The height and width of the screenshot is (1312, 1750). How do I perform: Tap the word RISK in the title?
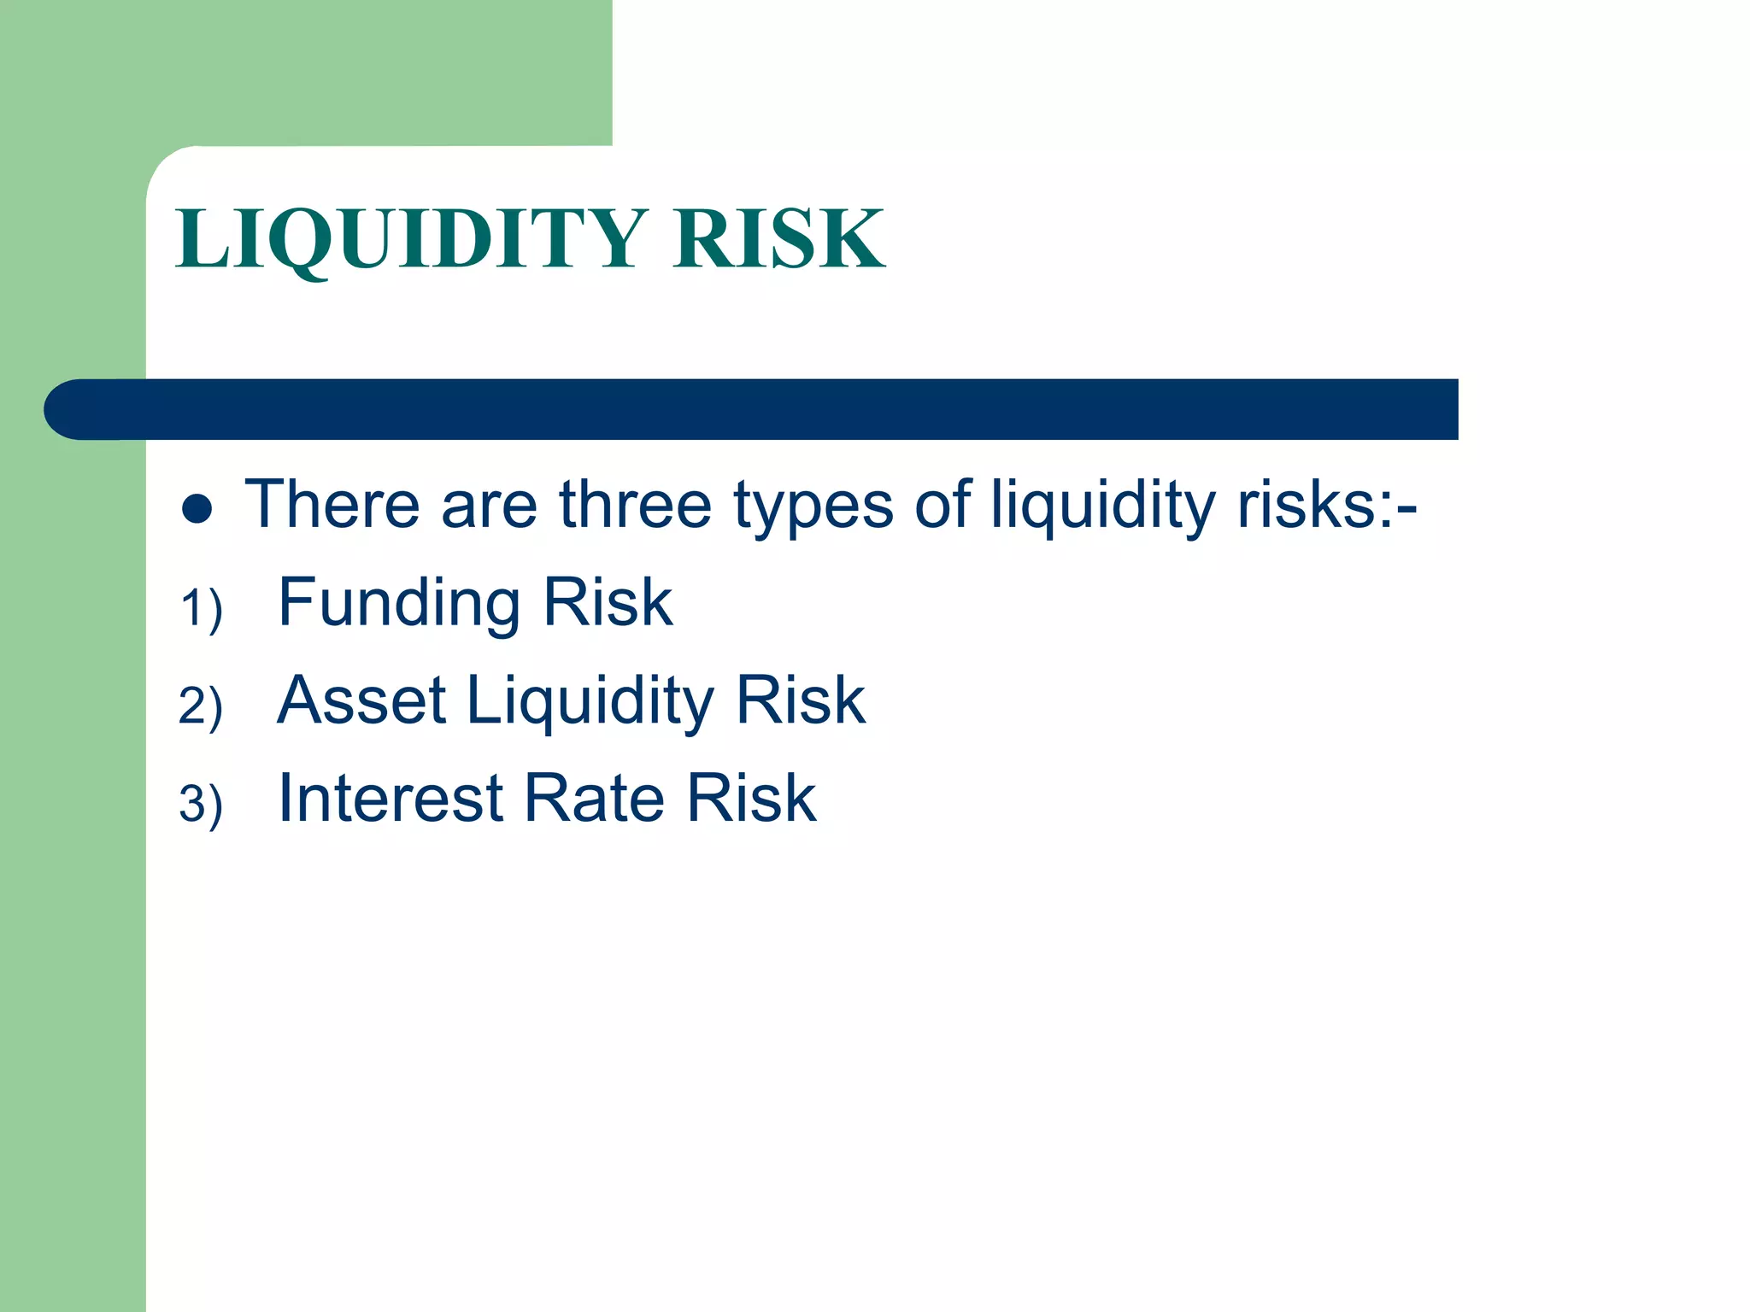[x=778, y=239]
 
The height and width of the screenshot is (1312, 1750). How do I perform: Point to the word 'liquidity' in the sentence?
[x=1102, y=506]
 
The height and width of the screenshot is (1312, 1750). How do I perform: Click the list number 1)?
[x=202, y=609]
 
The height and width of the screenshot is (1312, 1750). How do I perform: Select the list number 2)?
[x=202, y=706]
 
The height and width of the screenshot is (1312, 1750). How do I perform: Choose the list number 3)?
[x=202, y=805]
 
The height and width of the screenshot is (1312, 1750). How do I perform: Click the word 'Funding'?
[x=399, y=604]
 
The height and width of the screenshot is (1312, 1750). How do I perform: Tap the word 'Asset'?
[x=361, y=700]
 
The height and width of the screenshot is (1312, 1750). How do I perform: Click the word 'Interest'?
[x=391, y=799]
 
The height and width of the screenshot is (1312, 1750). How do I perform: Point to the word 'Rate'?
[x=594, y=799]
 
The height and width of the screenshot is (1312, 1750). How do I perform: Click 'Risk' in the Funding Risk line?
[x=608, y=602]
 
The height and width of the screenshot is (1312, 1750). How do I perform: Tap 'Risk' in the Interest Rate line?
[x=751, y=799]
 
